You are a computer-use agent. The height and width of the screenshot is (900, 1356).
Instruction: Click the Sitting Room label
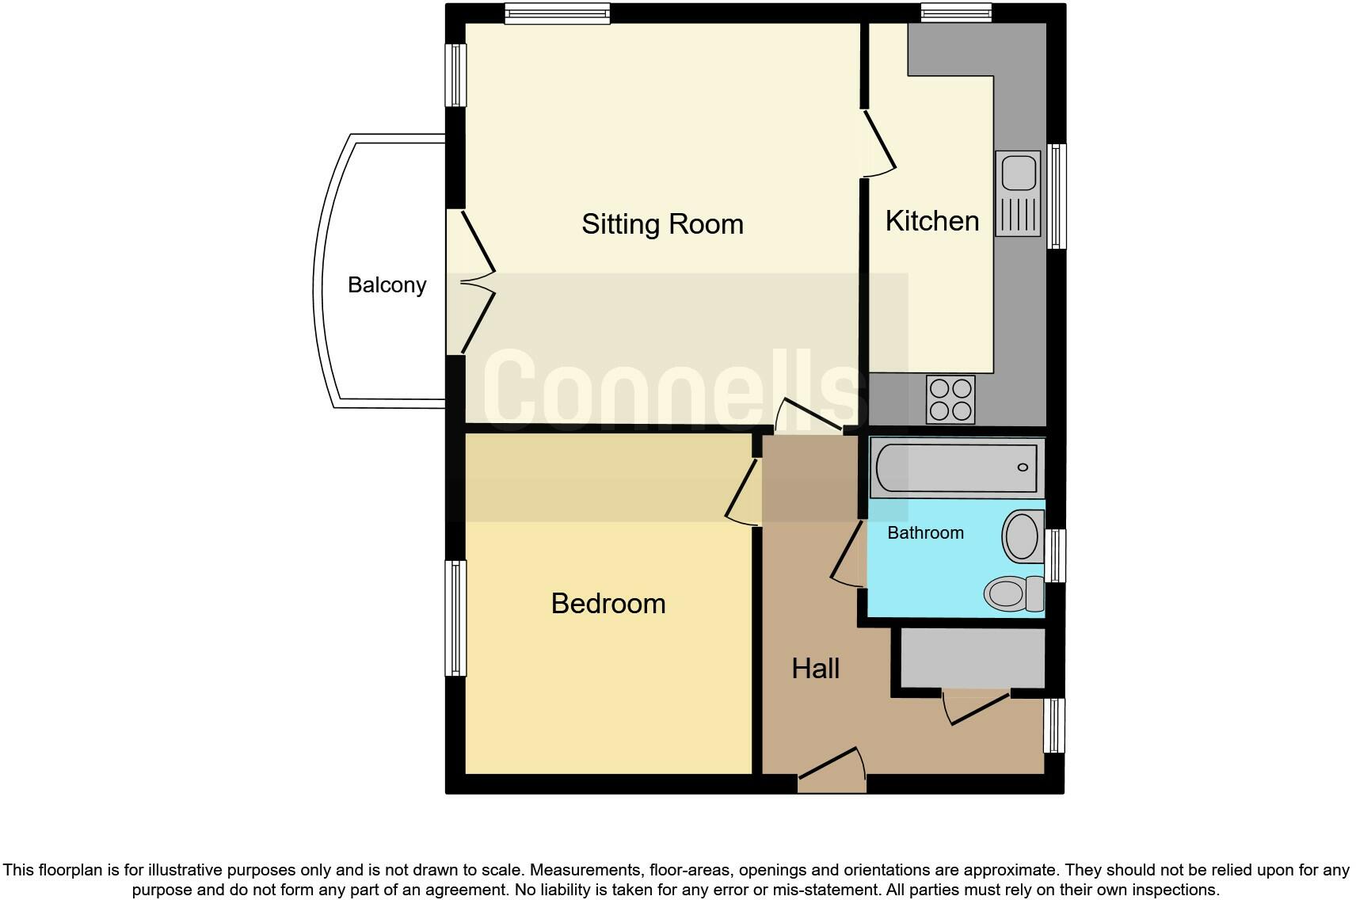pyautogui.click(x=662, y=224)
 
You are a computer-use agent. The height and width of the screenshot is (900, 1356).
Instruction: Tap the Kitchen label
pyautogui.click(x=931, y=221)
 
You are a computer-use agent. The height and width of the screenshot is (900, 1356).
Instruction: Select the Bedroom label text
pyautogui.click(x=608, y=604)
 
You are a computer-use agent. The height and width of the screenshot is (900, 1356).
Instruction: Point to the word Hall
pyautogui.click(x=815, y=669)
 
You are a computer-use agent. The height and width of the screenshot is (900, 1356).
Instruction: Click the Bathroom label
pyautogui.click(x=925, y=533)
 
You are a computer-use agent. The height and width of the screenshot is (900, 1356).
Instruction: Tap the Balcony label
pyautogui.click(x=387, y=285)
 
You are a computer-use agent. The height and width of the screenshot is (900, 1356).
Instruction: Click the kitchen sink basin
pyautogui.click(x=1018, y=173)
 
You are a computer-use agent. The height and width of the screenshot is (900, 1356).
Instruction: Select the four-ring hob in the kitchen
pyautogui.click(x=950, y=399)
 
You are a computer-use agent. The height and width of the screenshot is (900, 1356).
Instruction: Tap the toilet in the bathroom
pyautogui.click(x=1014, y=593)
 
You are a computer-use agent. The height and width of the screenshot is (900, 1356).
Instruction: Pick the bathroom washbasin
pyautogui.click(x=1022, y=536)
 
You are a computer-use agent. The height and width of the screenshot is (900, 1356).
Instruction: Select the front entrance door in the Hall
pyautogui.click(x=832, y=769)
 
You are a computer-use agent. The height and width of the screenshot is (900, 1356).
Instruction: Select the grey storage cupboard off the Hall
pyautogui.click(x=973, y=658)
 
